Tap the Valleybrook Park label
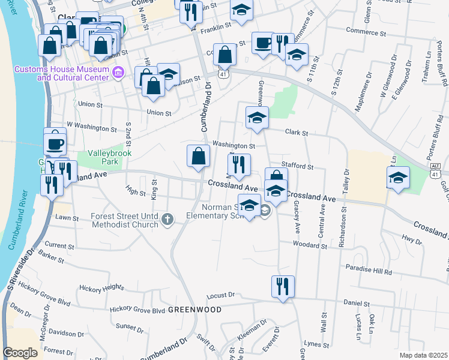click(105, 157)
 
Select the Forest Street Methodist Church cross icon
click(167, 221)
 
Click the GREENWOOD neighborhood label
click(194, 310)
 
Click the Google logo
click(20, 353)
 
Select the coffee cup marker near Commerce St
click(262, 43)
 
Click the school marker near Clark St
click(257, 117)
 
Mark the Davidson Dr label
click(67, 332)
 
